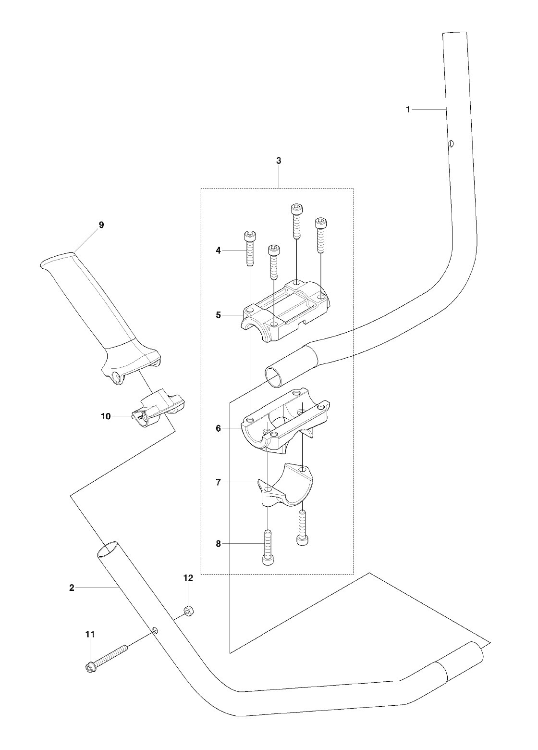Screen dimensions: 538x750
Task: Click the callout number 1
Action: tap(408, 109)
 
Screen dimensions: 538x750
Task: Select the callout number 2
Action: tap(72, 587)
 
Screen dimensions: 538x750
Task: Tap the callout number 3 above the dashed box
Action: tap(279, 161)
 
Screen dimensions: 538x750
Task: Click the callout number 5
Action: tap(219, 315)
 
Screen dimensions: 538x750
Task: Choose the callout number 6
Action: tap(219, 428)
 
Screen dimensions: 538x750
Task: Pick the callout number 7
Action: tap(219, 483)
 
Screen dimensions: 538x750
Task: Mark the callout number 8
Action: tap(219, 544)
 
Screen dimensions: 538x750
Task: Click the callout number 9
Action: tap(101, 225)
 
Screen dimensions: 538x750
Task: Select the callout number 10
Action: tap(106, 416)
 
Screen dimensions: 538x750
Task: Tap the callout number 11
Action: tap(90, 634)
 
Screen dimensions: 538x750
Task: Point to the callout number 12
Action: tap(188, 577)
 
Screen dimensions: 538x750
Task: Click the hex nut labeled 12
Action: tap(188, 609)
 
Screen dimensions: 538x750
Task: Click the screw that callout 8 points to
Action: tap(269, 549)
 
